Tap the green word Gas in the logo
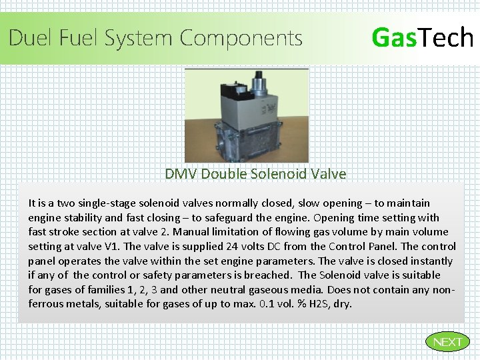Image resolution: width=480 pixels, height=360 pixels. [x=393, y=37]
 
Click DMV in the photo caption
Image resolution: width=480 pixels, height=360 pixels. [x=181, y=174]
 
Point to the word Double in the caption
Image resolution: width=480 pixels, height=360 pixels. [x=225, y=174]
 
